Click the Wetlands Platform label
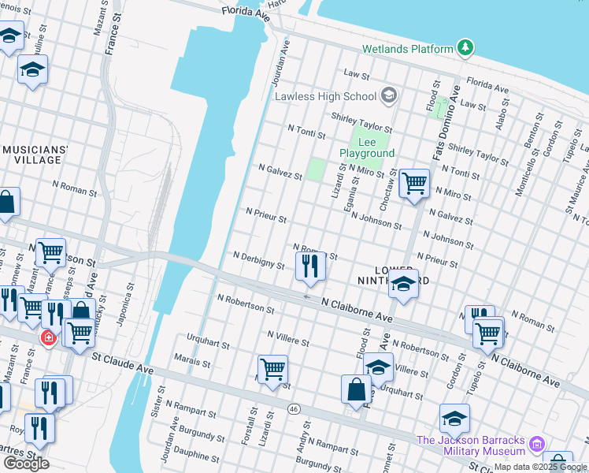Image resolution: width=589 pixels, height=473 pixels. pos(407,49)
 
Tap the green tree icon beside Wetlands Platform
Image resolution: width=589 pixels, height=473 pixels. pos(466,48)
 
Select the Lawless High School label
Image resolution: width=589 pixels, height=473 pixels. pos(325,96)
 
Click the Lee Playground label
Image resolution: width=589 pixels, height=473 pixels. pos(366,147)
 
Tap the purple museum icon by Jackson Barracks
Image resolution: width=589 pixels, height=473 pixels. pos(537,445)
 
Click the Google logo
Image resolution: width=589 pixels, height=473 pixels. pos(26,464)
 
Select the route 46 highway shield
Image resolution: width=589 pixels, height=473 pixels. pos(294,408)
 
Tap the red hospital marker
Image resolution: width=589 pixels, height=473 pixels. pos(49,337)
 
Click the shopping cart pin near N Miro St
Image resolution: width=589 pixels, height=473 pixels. pos(414,184)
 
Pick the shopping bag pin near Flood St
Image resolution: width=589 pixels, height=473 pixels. pos(356,389)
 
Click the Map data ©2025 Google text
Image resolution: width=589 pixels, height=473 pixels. pos(541,467)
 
